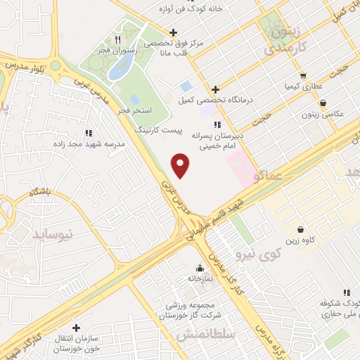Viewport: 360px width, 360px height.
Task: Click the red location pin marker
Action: [x=181, y=165]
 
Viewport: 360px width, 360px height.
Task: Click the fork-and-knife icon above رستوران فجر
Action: [x=118, y=40]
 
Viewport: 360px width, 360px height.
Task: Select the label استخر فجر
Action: [x=131, y=111]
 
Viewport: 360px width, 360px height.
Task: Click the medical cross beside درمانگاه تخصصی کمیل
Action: [x=216, y=89]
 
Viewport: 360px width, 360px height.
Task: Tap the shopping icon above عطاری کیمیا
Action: [x=302, y=75]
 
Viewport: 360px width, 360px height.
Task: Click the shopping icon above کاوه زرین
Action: [x=301, y=229]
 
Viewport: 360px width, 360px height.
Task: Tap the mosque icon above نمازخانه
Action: [x=200, y=268]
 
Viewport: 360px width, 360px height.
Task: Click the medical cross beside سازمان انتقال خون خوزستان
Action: [x=77, y=328]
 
